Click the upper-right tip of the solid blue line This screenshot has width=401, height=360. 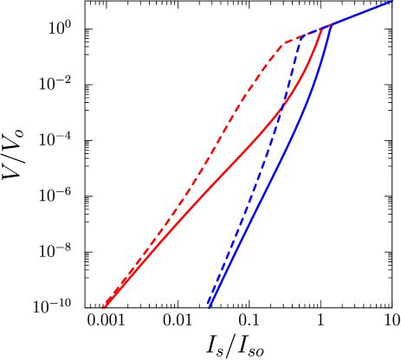coord(392,3)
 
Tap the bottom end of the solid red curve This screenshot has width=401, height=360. coord(103,306)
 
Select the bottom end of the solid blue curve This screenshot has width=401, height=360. coord(209,306)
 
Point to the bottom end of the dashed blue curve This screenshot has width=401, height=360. coord(207,304)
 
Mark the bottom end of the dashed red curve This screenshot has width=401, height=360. coord(102,307)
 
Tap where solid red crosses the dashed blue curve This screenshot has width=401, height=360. coord(281,108)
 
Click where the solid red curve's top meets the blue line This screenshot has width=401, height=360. coord(323,29)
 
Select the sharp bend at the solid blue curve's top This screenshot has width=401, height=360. coord(332,25)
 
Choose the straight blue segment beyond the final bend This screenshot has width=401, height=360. coord(364,13)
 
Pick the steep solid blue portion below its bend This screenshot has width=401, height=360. coord(286,147)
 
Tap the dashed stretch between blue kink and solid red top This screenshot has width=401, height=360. coord(312,33)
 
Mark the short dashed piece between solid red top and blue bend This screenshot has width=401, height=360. coord(327,27)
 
